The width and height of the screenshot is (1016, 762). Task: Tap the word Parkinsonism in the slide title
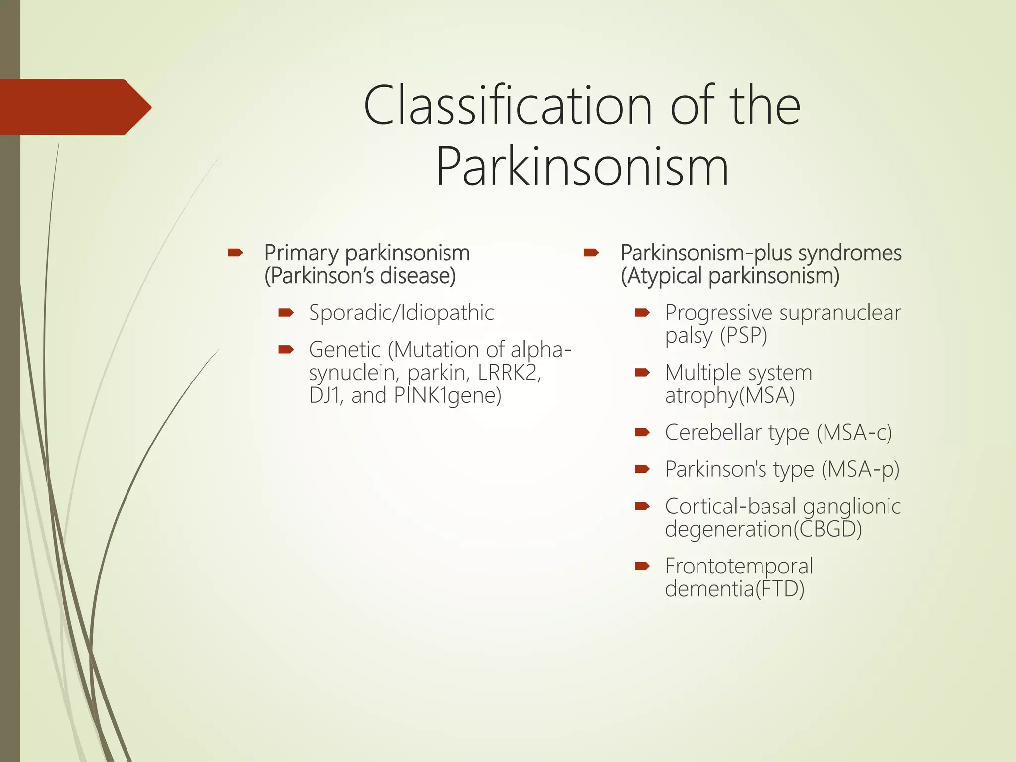pyautogui.click(x=582, y=166)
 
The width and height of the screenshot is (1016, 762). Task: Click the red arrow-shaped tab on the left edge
pyautogui.click(x=74, y=107)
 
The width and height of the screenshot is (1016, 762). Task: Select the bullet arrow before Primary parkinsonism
pyautogui.click(x=235, y=254)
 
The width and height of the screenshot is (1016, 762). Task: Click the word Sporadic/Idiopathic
pyautogui.click(x=401, y=313)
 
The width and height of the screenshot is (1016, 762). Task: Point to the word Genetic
pyautogui.click(x=344, y=350)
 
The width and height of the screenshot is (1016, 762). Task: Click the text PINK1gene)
pyautogui.click(x=447, y=396)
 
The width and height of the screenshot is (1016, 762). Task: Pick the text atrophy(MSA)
pyautogui.click(x=730, y=396)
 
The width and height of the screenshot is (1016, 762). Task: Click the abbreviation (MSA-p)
pyautogui.click(x=860, y=469)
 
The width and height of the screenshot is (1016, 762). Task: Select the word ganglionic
pyautogui.click(x=851, y=507)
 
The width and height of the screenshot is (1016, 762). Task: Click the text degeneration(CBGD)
pyautogui.click(x=763, y=529)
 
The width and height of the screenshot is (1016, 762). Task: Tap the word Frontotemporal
pyautogui.click(x=739, y=566)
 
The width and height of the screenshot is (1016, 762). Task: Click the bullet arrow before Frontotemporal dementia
pyautogui.click(x=642, y=566)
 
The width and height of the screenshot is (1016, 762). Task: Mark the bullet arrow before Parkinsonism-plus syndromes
pyautogui.click(x=591, y=254)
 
